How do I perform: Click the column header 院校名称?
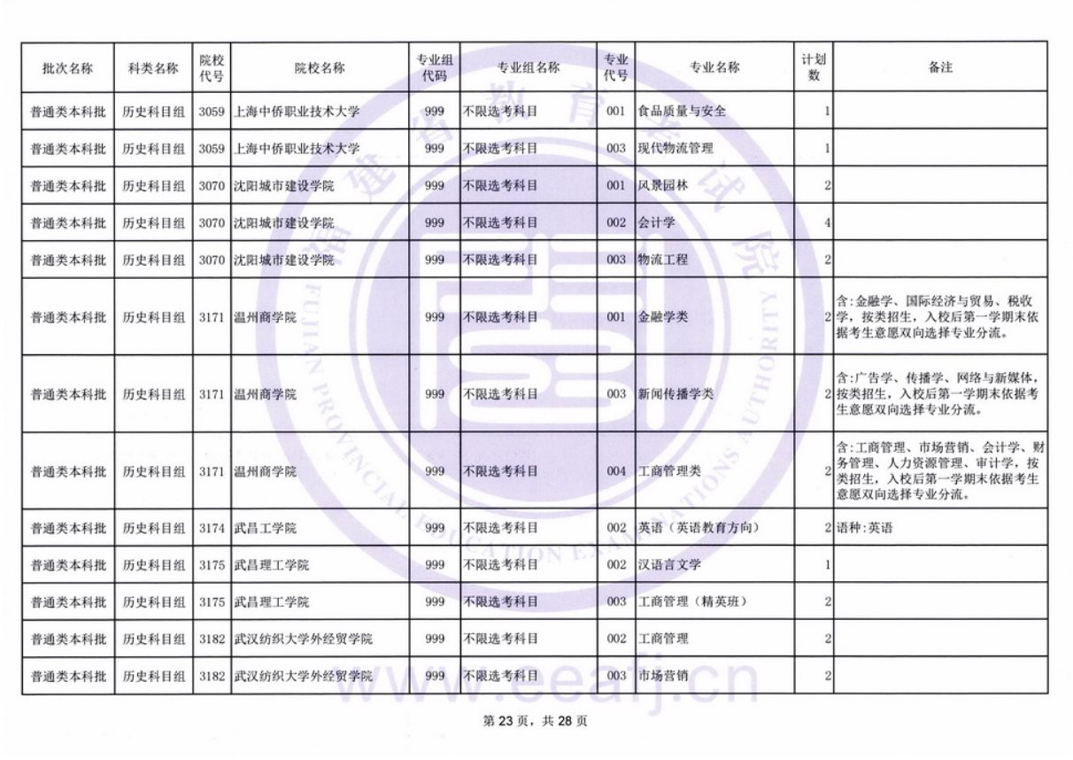(x=320, y=68)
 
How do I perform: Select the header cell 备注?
(x=940, y=68)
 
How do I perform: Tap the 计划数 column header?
(x=814, y=68)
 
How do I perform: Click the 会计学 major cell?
(x=656, y=223)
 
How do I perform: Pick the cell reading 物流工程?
(x=662, y=260)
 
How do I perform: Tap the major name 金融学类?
(x=662, y=317)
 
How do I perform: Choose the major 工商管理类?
(x=668, y=471)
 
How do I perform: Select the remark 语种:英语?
(x=864, y=529)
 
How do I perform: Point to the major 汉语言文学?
(x=668, y=565)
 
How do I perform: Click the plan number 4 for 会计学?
(x=827, y=223)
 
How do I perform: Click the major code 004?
(x=616, y=471)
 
